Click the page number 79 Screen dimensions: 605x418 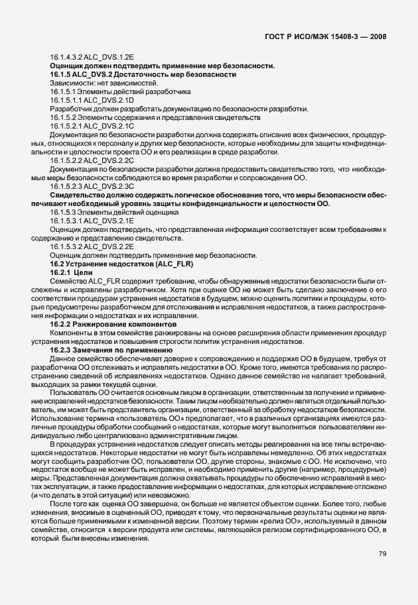381,553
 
